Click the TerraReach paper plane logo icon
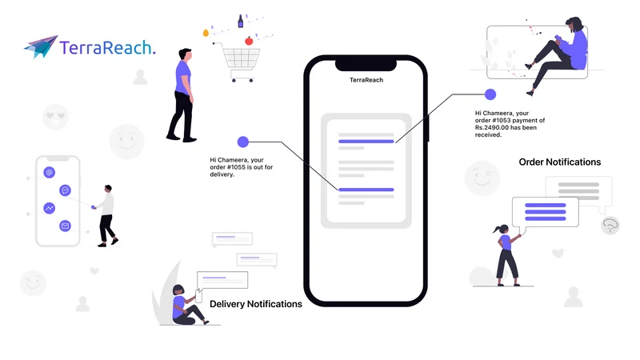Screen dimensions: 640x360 [x=41, y=46]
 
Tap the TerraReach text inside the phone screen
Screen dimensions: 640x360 [x=366, y=80]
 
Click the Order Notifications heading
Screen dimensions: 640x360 [x=559, y=162]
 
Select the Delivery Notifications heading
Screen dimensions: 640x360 [x=255, y=304]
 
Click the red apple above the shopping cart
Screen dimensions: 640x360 [x=249, y=41]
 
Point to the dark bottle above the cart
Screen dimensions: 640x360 [x=241, y=22]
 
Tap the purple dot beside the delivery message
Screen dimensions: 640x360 [x=243, y=142]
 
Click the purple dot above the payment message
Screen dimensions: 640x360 [x=490, y=94]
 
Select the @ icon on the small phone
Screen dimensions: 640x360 [x=50, y=172]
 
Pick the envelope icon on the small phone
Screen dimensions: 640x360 [x=65, y=226]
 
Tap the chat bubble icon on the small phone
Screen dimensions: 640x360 [x=65, y=190]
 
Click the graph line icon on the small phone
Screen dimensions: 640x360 [x=50, y=208]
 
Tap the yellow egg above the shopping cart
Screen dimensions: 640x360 [x=206, y=33]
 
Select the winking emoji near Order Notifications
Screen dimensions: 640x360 [x=482, y=178]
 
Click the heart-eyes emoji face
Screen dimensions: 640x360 [x=55, y=117]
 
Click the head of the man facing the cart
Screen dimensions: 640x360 [x=186, y=54]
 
